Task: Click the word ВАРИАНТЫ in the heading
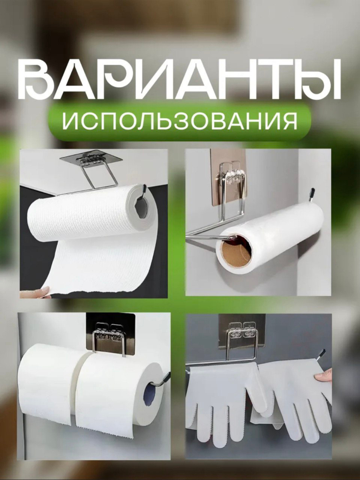[179, 80]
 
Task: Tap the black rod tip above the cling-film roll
[311, 194]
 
